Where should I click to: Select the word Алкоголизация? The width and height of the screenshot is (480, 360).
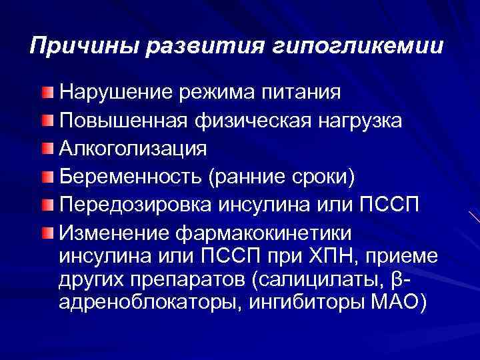coord(133,149)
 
